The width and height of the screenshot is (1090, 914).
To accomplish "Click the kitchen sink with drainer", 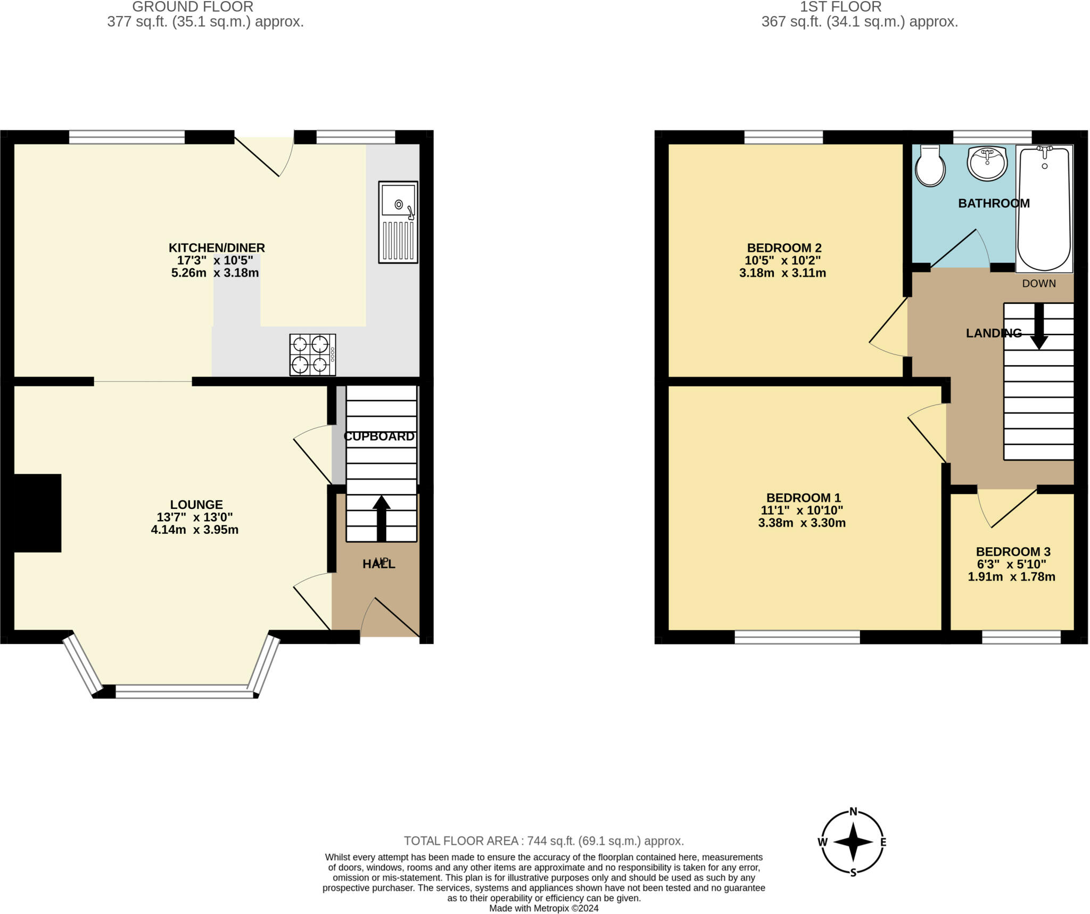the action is coord(398,222).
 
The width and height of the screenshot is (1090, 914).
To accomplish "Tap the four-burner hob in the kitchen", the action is coord(312,355).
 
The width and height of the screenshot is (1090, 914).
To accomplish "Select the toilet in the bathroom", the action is coord(930,166).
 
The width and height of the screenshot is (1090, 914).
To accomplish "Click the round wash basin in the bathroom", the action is coord(987,163).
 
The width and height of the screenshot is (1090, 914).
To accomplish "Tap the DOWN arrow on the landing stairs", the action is coord(1038,326).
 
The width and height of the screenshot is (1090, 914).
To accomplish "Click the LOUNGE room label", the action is coord(196,504).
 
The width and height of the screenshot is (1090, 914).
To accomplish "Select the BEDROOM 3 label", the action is coord(1013,551).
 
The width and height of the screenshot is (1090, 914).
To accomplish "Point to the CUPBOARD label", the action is coord(379,437).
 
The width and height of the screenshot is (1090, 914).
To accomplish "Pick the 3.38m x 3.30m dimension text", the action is coord(802,523).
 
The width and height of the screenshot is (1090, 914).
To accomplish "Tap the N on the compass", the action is coord(853,811).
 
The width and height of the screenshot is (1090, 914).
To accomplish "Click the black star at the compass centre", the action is coord(853,842).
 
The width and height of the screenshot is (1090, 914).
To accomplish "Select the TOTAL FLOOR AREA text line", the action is coord(543,841).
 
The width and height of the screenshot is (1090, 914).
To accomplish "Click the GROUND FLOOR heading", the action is coord(193,7).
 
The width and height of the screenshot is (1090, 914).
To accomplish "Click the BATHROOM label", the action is coord(994,203).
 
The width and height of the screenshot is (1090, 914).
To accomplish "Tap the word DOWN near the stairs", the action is coord(1039,283).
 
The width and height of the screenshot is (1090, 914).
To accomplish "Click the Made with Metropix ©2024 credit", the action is coord(544,908).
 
